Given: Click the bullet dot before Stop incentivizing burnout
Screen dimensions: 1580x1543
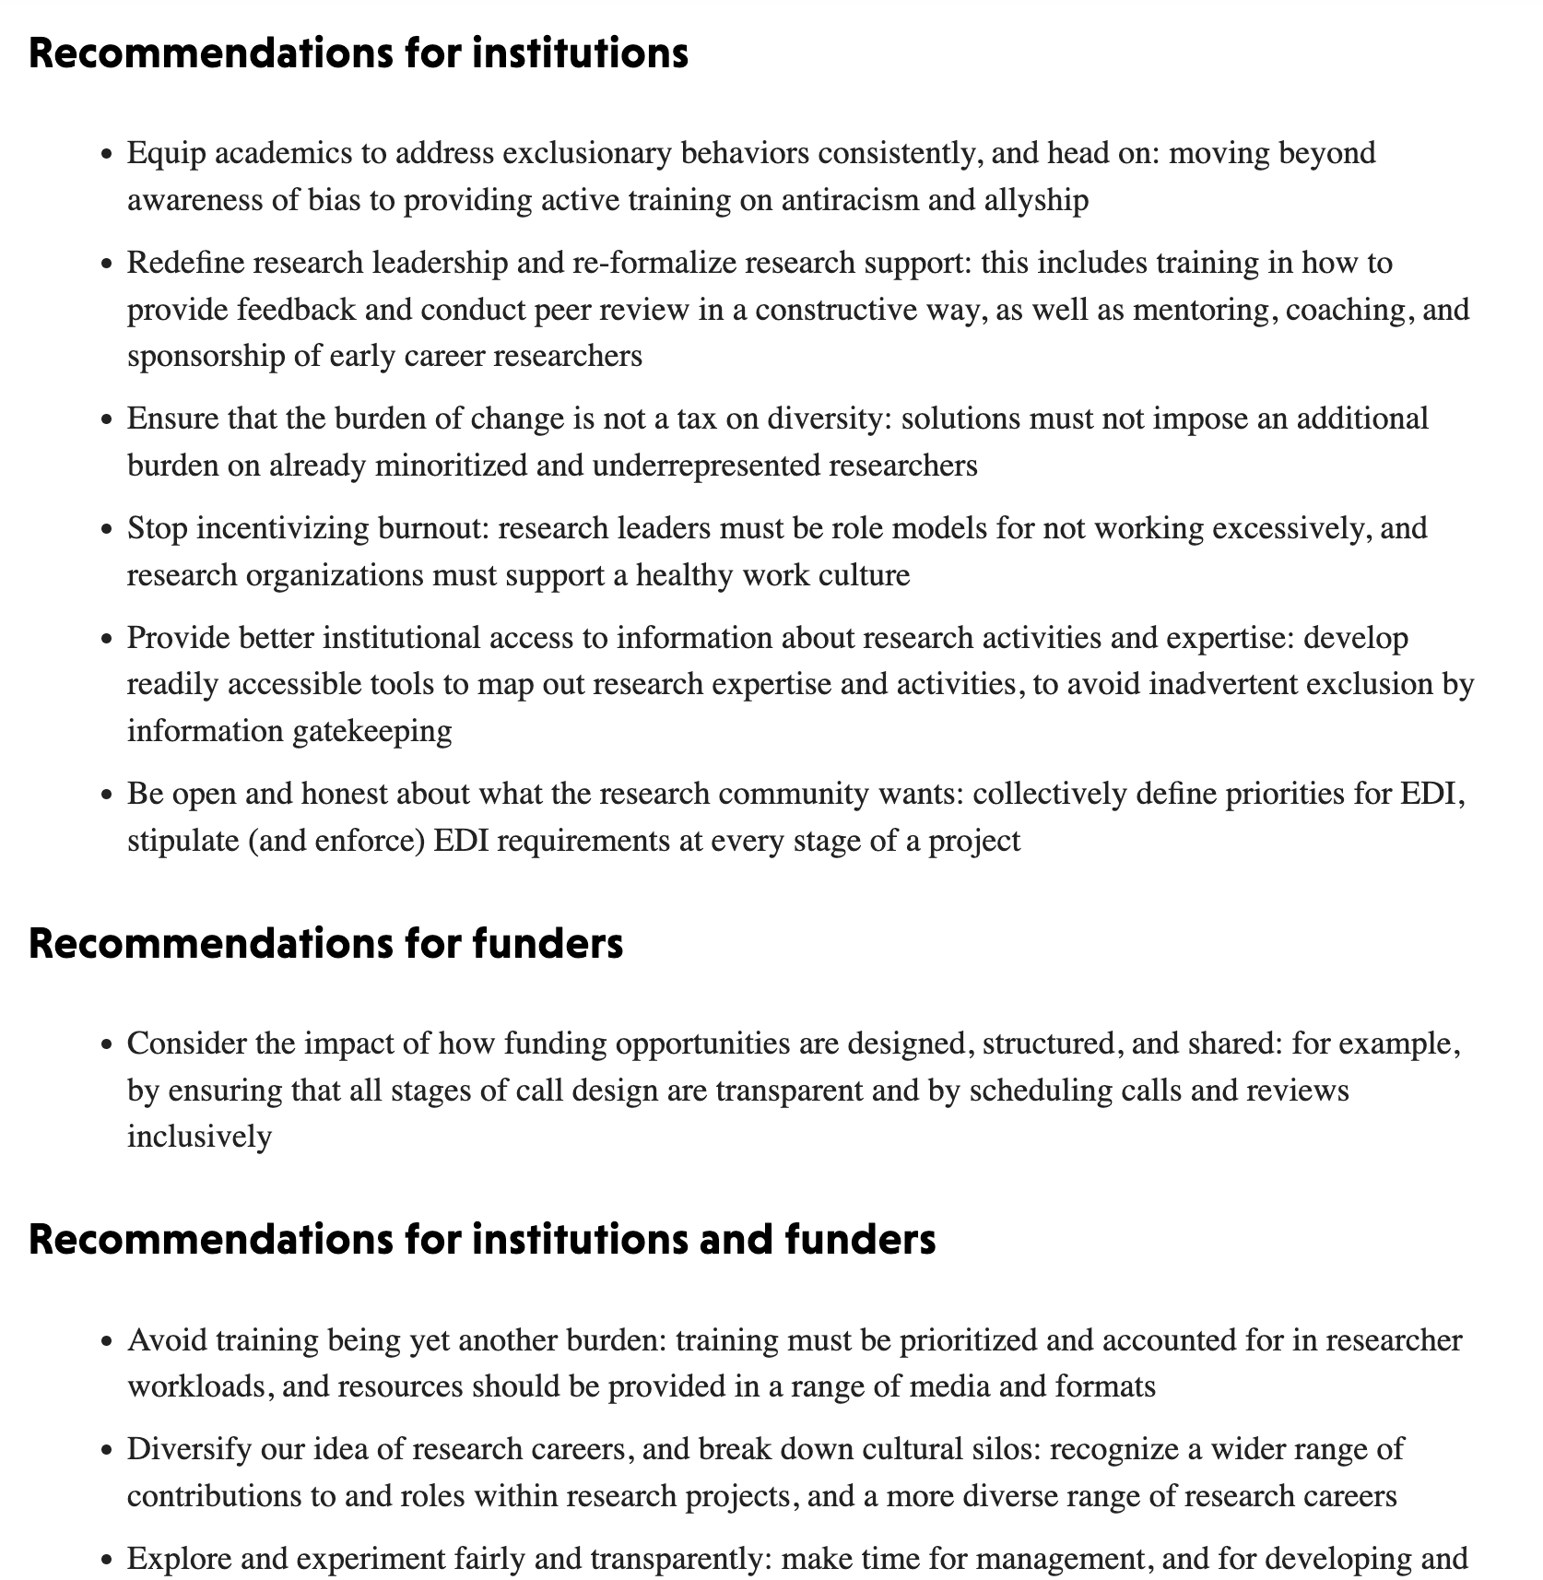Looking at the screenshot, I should (x=109, y=530).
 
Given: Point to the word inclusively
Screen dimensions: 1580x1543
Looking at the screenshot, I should (x=199, y=1137).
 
